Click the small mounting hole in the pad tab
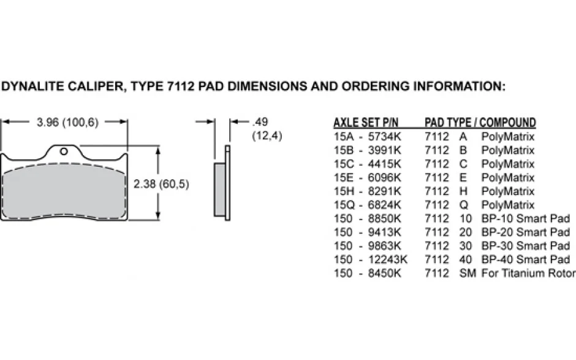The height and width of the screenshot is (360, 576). point(64,151)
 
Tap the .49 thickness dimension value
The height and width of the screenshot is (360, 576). point(260,121)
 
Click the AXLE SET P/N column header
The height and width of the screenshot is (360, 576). point(366,123)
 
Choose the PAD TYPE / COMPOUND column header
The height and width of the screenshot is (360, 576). point(480,123)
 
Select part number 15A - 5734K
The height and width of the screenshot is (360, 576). point(367,137)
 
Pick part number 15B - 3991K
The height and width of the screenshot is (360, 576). point(367,150)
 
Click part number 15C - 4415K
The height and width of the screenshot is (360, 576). point(367,164)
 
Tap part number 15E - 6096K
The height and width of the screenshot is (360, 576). point(367,178)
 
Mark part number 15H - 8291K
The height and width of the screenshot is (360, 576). point(367,191)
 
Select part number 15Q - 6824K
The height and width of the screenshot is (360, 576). point(367,205)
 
